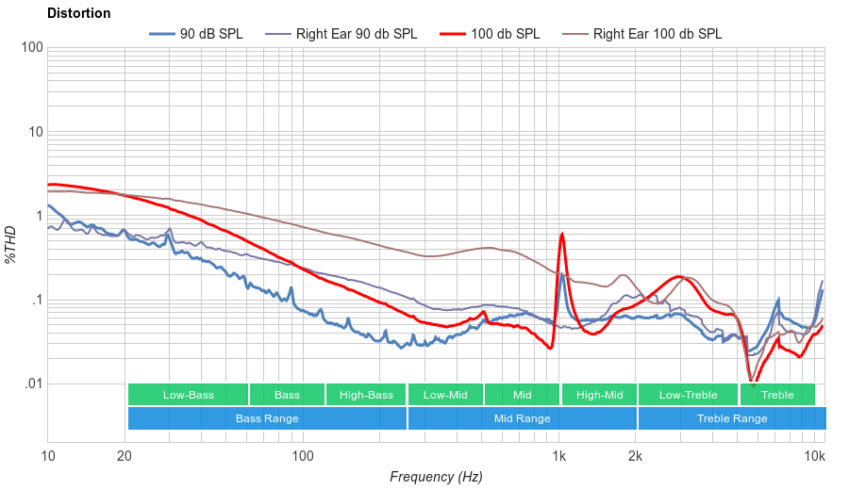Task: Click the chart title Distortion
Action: [x=78, y=13]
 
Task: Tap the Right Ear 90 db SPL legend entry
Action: [x=356, y=34]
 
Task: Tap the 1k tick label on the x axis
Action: [x=559, y=456]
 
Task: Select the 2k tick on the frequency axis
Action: [x=636, y=456]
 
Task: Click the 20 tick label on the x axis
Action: [x=125, y=456]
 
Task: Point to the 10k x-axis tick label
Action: [x=815, y=456]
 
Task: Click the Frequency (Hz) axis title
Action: [x=436, y=477]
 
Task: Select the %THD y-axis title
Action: [x=11, y=244]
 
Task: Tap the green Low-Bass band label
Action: [x=188, y=395]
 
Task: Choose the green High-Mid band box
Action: [x=599, y=395]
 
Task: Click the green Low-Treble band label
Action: [x=689, y=395]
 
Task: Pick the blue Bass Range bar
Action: [x=267, y=418]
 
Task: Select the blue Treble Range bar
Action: [x=731, y=418]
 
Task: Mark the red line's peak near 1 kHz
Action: [x=562, y=234]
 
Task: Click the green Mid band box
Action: [x=522, y=395]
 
